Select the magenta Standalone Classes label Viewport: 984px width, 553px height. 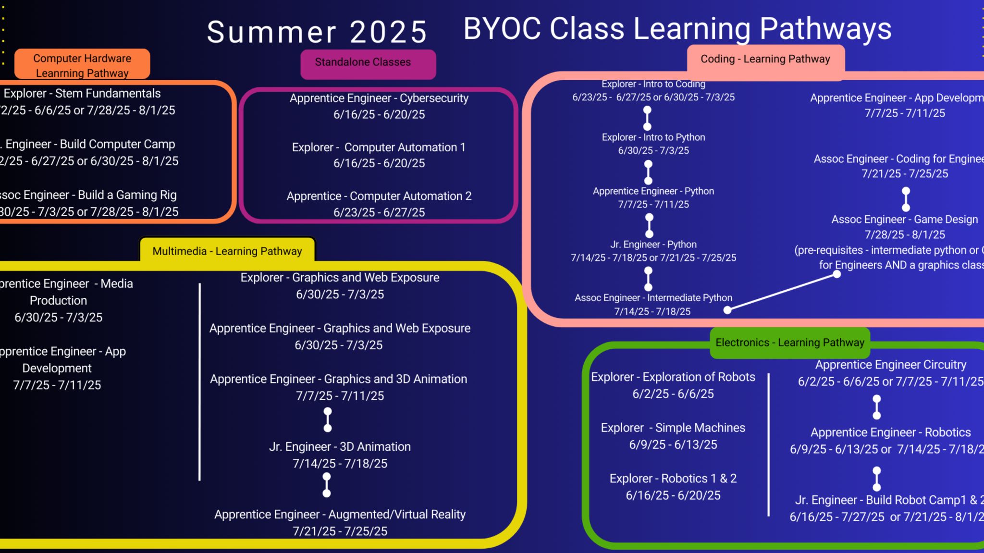[363, 62]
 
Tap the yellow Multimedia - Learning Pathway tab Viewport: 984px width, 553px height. [227, 251]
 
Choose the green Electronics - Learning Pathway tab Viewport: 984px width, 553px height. [789, 343]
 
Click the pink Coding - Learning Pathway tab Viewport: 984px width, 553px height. [765, 59]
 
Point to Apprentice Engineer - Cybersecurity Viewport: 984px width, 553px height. [379, 98]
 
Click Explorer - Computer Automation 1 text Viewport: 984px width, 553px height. [379, 147]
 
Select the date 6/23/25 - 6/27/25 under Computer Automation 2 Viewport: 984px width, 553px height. [379, 212]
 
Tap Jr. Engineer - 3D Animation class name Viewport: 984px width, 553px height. [340, 447]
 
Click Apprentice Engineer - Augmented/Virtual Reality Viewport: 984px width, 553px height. [340, 515]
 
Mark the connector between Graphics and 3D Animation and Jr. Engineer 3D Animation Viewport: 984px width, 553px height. [328, 420]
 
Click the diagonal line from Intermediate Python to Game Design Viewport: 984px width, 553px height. [782, 292]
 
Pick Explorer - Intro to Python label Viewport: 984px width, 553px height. [653, 137]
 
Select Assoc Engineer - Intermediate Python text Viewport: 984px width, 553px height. [653, 298]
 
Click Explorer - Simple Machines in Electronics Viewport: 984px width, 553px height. [673, 428]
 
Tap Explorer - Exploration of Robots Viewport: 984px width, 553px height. [673, 377]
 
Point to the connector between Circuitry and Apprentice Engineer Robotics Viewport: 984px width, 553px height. [876, 407]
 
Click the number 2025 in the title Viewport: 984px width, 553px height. [388, 32]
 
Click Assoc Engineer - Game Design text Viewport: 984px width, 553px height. [904, 220]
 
